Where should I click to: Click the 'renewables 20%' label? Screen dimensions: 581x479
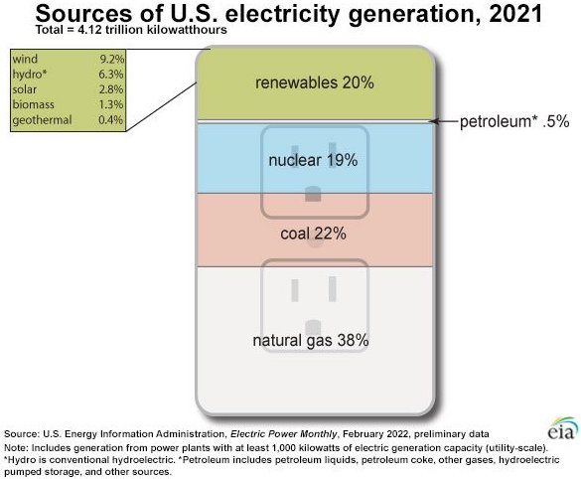(314, 82)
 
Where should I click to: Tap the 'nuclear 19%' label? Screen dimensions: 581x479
(313, 160)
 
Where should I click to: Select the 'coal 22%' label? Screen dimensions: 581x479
(313, 234)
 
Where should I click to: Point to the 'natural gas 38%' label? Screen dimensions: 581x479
(311, 340)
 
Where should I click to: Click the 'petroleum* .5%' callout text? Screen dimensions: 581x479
(514, 121)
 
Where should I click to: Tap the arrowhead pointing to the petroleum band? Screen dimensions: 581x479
(434, 121)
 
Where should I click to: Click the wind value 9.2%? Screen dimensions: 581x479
(111, 59)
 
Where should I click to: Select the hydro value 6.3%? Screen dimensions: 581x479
(111, 75)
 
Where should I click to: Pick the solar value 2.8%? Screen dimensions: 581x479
(111, 89)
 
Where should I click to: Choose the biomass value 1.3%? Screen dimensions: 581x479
(111, 104)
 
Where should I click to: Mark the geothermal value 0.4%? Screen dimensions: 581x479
(111, 119)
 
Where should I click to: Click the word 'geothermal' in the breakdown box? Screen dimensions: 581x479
(42, 120)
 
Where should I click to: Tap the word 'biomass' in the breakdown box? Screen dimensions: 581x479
(34, 104)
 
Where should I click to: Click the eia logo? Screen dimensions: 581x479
(563, 428)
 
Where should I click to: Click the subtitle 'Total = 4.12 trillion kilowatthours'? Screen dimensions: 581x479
(131, 30)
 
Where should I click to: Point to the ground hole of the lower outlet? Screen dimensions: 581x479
(313, 328)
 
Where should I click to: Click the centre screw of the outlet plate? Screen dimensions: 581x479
(315, 239)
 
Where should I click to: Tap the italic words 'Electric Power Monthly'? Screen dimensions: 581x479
(283, 434)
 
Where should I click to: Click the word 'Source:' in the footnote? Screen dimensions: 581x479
(21, 434)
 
